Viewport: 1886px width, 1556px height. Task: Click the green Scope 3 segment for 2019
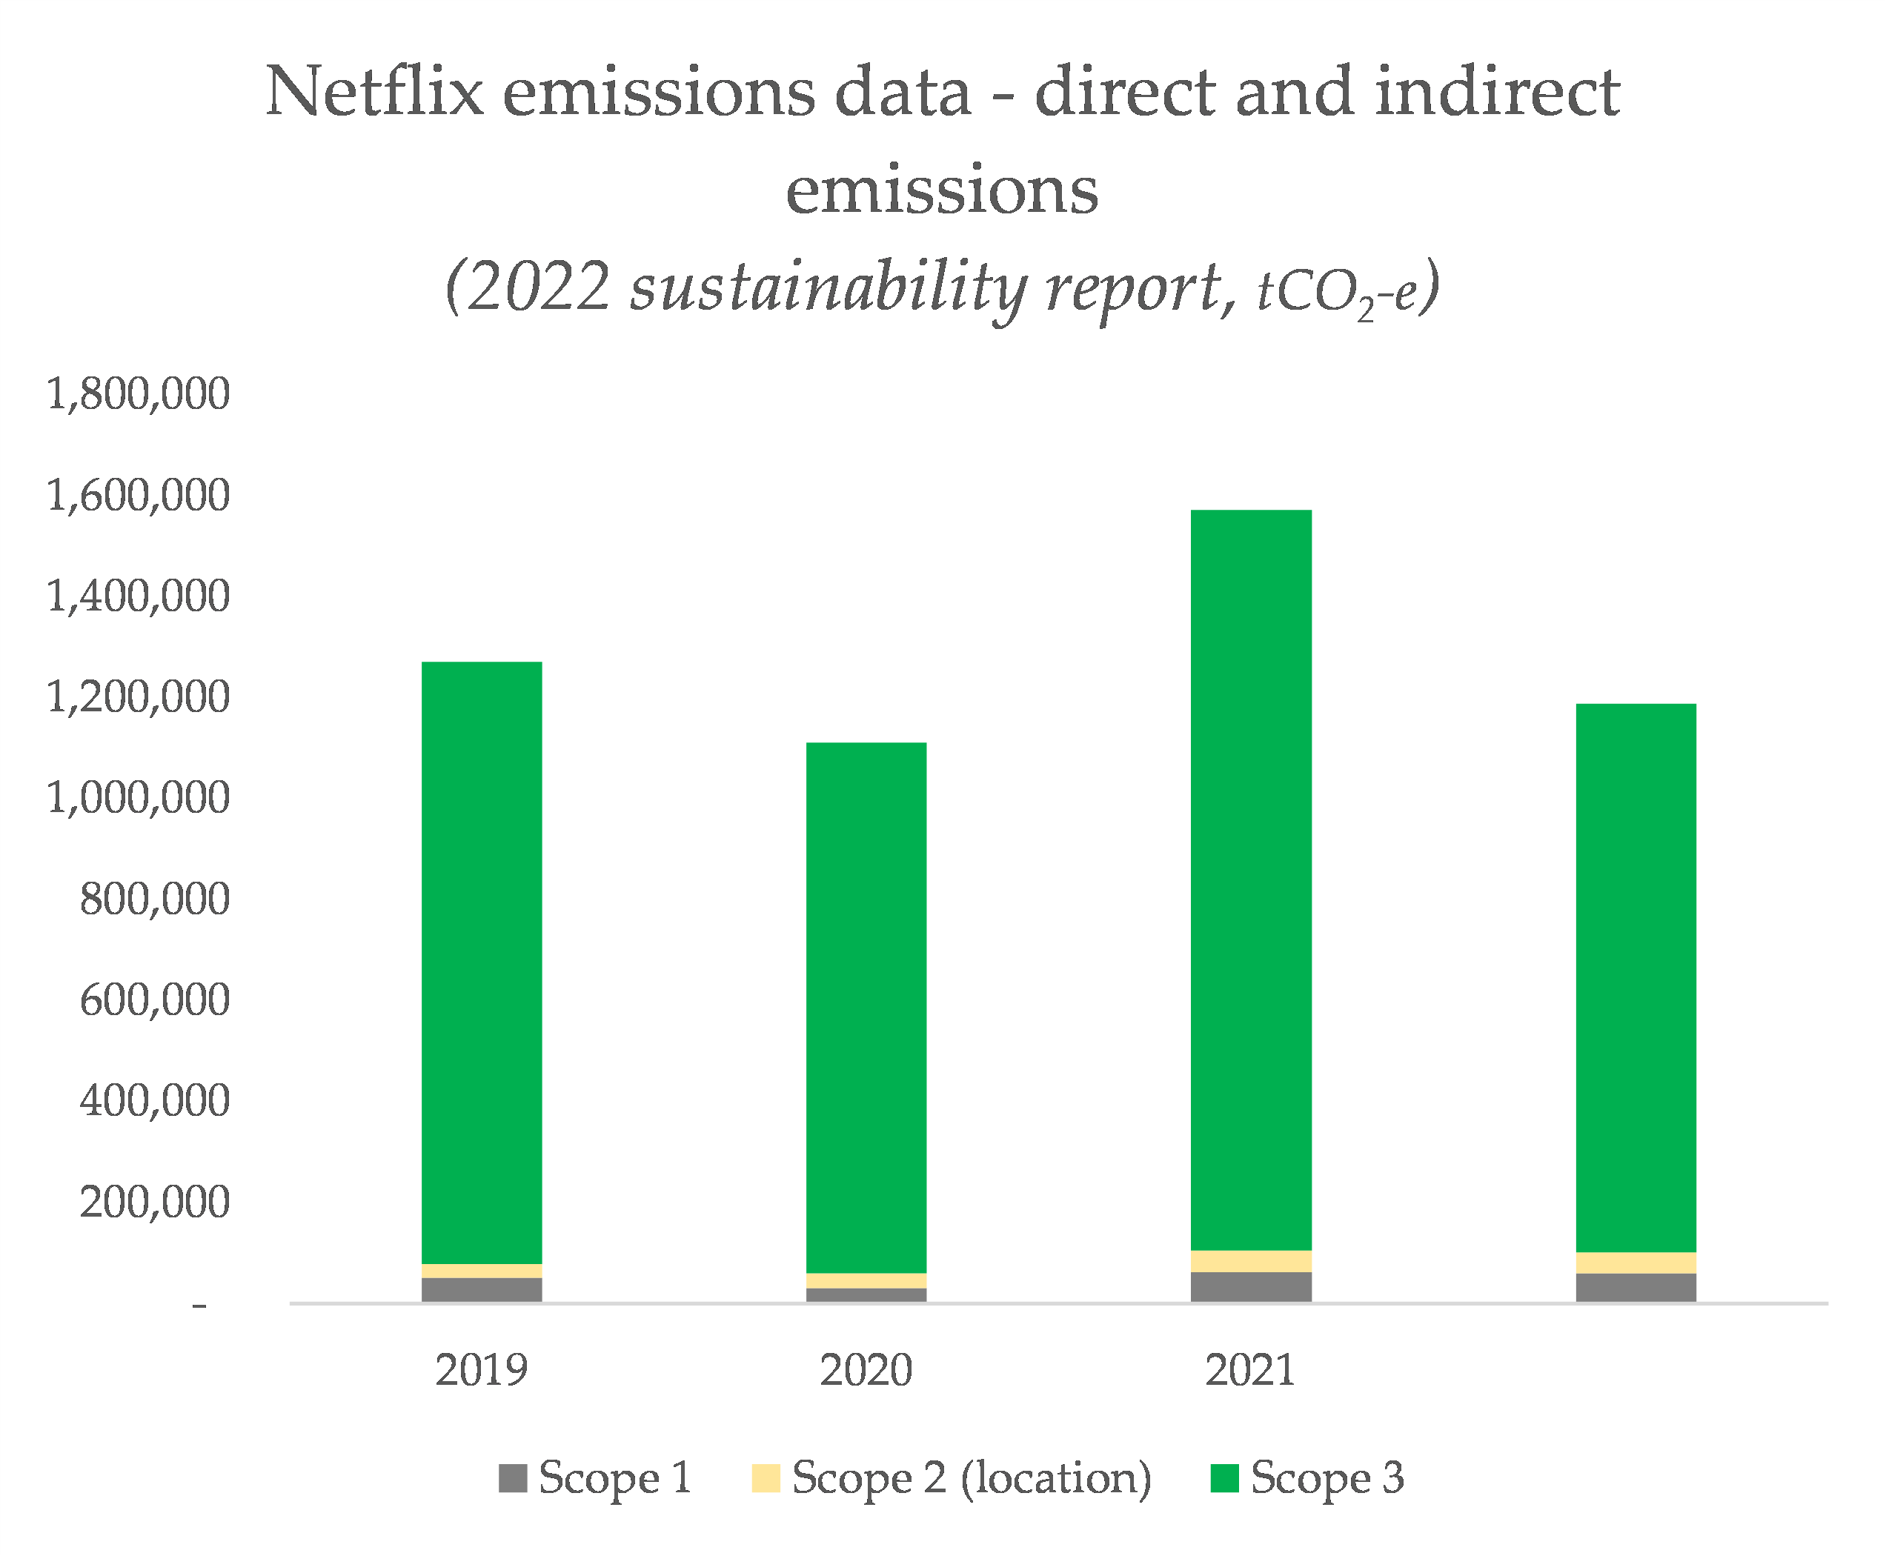(x=482, y=963)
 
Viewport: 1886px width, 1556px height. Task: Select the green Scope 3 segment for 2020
(x=866, y=1008)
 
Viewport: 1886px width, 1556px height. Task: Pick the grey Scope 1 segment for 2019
(x=482, y=1290)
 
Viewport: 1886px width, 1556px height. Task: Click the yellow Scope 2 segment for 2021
(x=1250, y=1261)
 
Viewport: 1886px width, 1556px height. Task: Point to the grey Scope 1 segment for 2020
(x=866, y=1294)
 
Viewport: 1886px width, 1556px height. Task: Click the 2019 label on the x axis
(x=482, y=1369)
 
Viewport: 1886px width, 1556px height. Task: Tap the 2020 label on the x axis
(x=866, y=1369)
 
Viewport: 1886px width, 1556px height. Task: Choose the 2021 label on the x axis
(x=1250, y=1369)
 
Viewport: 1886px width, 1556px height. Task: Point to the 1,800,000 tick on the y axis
(x=138, y=393)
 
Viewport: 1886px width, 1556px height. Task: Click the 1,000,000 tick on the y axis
(x=138, y=798)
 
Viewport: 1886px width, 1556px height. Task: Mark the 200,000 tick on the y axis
(x=154, y=1202)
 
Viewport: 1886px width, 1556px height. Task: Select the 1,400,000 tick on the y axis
(x=138, y=596)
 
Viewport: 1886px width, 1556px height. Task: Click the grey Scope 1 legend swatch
(x=513, y=1478)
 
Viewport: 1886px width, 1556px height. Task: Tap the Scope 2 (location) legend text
(x=971, y=1478)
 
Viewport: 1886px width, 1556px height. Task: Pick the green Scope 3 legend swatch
(x=1223, y=1478)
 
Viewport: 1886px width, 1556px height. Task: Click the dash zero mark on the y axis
(x=199, y=1305)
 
